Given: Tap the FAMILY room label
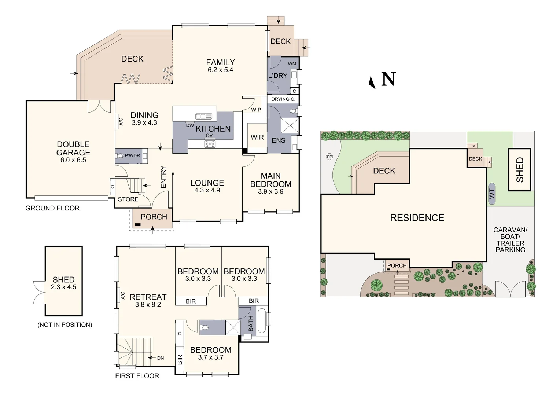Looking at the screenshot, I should pos(220,62).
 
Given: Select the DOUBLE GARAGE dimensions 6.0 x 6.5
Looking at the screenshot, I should pos(73,160).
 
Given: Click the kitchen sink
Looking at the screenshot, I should pos(203,116).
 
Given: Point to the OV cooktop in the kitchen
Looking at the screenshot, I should pos(210,144).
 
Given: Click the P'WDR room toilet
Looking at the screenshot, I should pos(120,156).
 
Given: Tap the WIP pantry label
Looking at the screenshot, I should pos(256,110).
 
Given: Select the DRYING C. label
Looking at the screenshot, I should pos(283,99).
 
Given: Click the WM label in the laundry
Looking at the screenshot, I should pos(292,63).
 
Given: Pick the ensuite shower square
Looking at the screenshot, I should pos(290,126).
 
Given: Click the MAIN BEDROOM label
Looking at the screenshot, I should pos(270,180).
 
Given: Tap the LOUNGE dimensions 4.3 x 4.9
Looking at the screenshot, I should pos(207,190).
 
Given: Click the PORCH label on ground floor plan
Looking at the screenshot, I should pos(154,217).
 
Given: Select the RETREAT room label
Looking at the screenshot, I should pos(148,297).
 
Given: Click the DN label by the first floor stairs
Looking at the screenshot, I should pos(161,358).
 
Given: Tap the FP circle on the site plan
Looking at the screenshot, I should pos(329,157).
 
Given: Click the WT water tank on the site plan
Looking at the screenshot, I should pos(492,194).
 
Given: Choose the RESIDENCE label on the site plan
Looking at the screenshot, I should pos(417,218).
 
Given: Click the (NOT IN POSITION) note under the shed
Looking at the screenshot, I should pos(65,325).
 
